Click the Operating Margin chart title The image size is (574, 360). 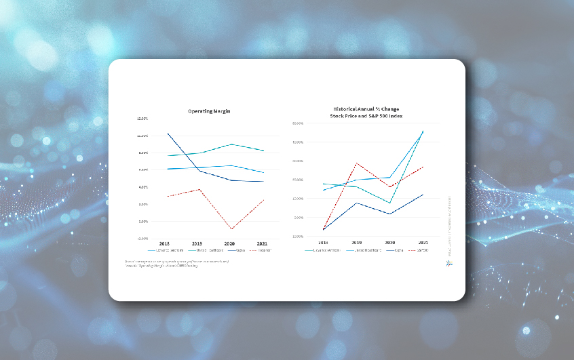(209, 111)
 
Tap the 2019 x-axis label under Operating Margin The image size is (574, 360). (197, 243)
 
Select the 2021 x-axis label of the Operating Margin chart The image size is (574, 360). (263, 243)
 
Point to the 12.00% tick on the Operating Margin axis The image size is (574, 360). (142, 118)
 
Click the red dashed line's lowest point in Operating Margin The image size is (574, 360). (231, 229)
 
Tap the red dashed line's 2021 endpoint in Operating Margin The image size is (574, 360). (263, 200)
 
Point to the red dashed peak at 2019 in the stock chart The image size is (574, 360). (357, 163)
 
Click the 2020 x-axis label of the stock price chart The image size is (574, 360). (390, 242)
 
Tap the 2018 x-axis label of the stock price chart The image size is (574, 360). (323, 242)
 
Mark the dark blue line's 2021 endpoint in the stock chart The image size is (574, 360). (423, 195)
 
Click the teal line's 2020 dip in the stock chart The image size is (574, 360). (390, 203)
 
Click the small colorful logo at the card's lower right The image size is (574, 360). (448, 263)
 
